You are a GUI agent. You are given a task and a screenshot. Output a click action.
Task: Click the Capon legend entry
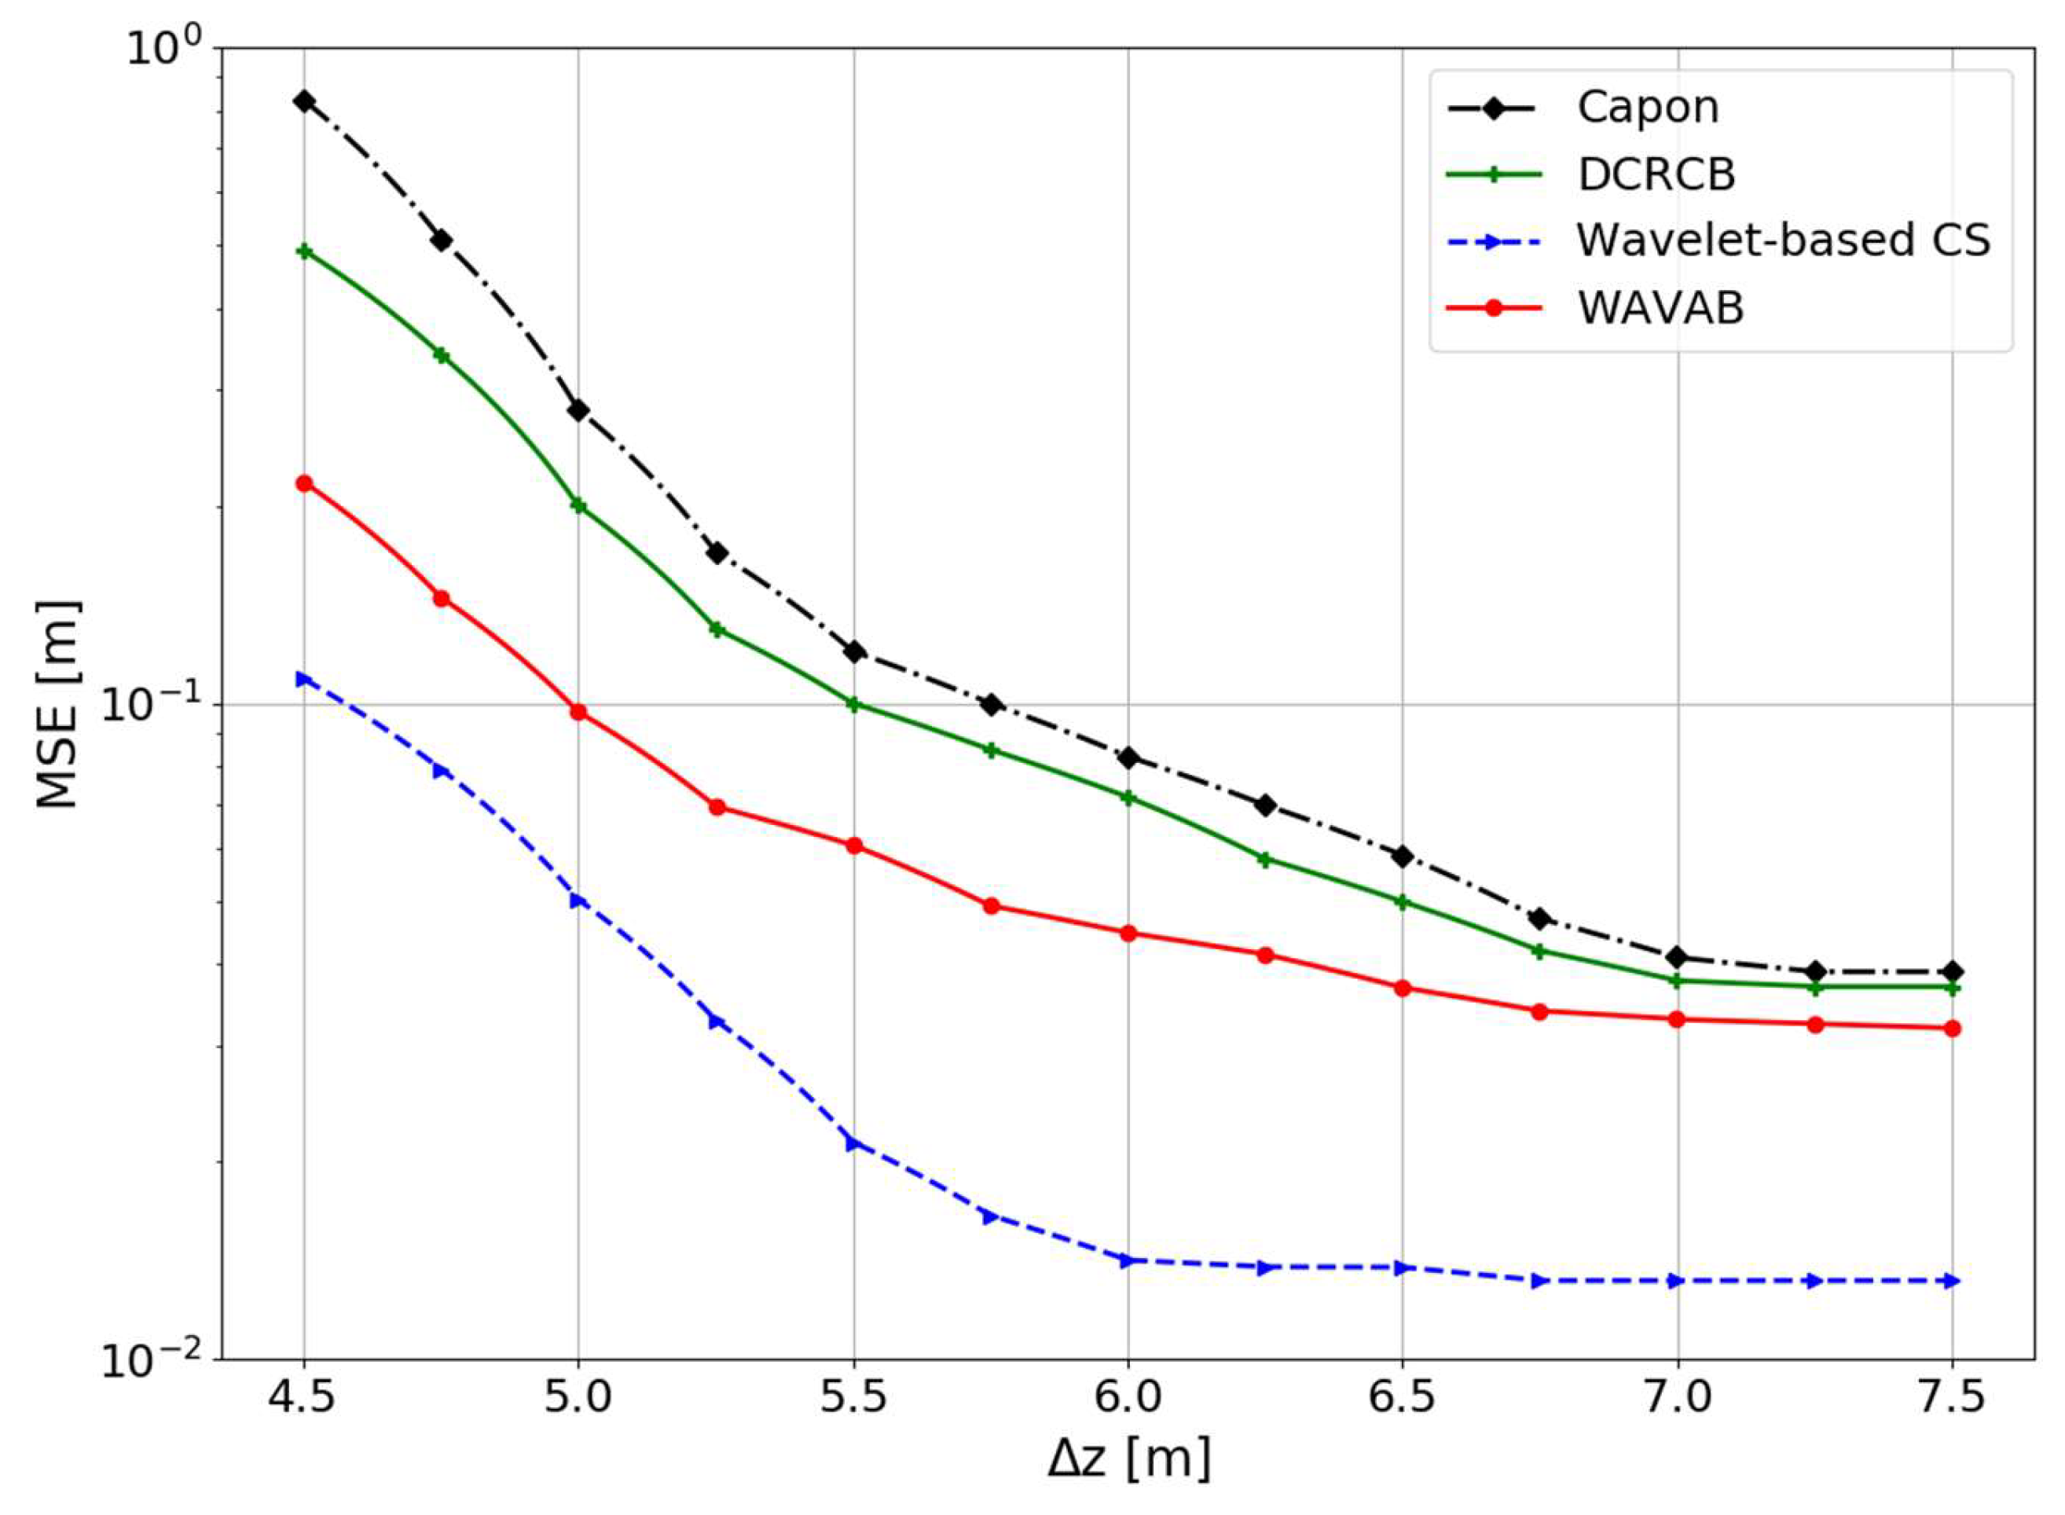[x=1647, y=108]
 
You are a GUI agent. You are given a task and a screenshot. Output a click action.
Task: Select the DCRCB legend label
[x=1656, y=174]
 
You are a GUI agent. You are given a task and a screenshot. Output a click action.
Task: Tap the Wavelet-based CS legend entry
[x=1784, y=241]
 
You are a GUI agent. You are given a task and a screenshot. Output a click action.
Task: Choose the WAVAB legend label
[x=1660, y=308]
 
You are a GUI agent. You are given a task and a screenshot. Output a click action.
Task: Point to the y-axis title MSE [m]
[x=59, y=704]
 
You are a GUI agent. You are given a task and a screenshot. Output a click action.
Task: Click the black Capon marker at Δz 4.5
[x=303, y=101]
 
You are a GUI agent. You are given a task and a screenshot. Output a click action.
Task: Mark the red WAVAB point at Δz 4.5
[x=303, y=483]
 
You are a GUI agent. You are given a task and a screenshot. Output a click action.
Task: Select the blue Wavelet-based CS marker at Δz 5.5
[x=853, y=1143]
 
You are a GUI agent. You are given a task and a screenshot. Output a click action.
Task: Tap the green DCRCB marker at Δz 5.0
[x=578, y=505]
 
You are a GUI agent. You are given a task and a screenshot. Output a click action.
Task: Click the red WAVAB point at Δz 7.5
[x=1952, y=1028]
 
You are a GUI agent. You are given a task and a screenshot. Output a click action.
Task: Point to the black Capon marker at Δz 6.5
[x=1402, y=856]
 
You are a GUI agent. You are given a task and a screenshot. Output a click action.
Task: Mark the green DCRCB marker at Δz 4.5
[x=303, y=251]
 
